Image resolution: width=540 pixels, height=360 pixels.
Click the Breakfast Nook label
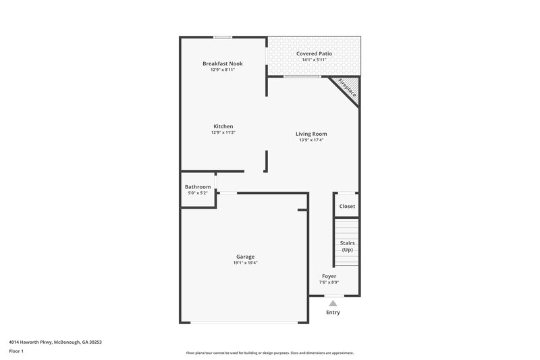223,63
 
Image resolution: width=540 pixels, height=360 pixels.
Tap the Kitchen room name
223,126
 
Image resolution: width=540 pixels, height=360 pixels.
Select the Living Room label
311,134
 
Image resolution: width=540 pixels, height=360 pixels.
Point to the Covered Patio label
314,53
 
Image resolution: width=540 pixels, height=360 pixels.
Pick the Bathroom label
198,187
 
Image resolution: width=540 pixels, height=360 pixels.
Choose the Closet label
347,207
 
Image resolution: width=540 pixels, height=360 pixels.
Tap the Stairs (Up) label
347,247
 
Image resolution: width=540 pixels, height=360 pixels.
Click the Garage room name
245,257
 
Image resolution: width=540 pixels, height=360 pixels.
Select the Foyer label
329,276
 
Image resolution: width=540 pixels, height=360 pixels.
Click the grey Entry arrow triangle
333,303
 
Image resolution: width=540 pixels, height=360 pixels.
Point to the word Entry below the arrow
333,313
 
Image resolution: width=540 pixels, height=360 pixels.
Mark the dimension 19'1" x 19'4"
245,263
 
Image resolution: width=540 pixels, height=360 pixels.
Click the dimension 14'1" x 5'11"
314,60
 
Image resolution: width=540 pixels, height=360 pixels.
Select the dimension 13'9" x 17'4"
311,140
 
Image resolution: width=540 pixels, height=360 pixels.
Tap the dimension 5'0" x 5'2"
198,193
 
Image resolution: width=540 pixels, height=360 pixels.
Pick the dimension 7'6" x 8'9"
329,282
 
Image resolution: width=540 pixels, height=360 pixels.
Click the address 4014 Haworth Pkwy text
55,342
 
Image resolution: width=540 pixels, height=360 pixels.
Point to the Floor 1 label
17,352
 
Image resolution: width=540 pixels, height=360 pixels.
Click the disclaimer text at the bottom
269,353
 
